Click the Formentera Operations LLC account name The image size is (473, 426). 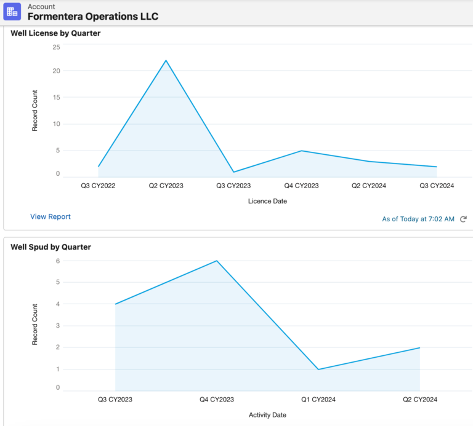coord(93,17)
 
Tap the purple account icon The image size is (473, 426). coord(12,12)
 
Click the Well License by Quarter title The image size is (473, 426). coord(55,33)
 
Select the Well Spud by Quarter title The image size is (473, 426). coord(51,247)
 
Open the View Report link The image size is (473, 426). coord(51,216)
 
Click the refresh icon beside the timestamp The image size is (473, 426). coord(463,219)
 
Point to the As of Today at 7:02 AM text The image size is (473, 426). coord(418,219)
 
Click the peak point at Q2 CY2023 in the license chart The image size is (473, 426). coord(166,60)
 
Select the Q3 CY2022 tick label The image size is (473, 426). coord(98,185)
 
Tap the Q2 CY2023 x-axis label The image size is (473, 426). coord(166,185)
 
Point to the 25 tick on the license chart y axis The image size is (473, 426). coord(56,47)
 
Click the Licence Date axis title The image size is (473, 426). coord(267,201)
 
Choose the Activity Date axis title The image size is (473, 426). coord(267,415)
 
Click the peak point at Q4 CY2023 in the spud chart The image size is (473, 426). coord(217,261)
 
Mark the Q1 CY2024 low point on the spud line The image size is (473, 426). coord(318,369)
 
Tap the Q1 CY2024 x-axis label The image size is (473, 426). coord(318,400)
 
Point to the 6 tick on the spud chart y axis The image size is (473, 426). coord(58,261)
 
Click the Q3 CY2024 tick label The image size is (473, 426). coord(437,185)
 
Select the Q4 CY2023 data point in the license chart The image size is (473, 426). coord(301,151)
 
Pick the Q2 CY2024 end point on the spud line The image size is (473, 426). coord(419,348)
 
